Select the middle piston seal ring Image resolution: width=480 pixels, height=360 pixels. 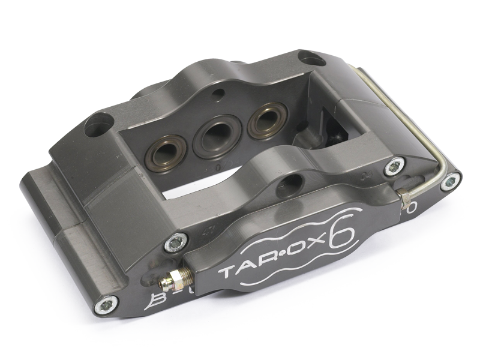[x=217, y=135]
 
